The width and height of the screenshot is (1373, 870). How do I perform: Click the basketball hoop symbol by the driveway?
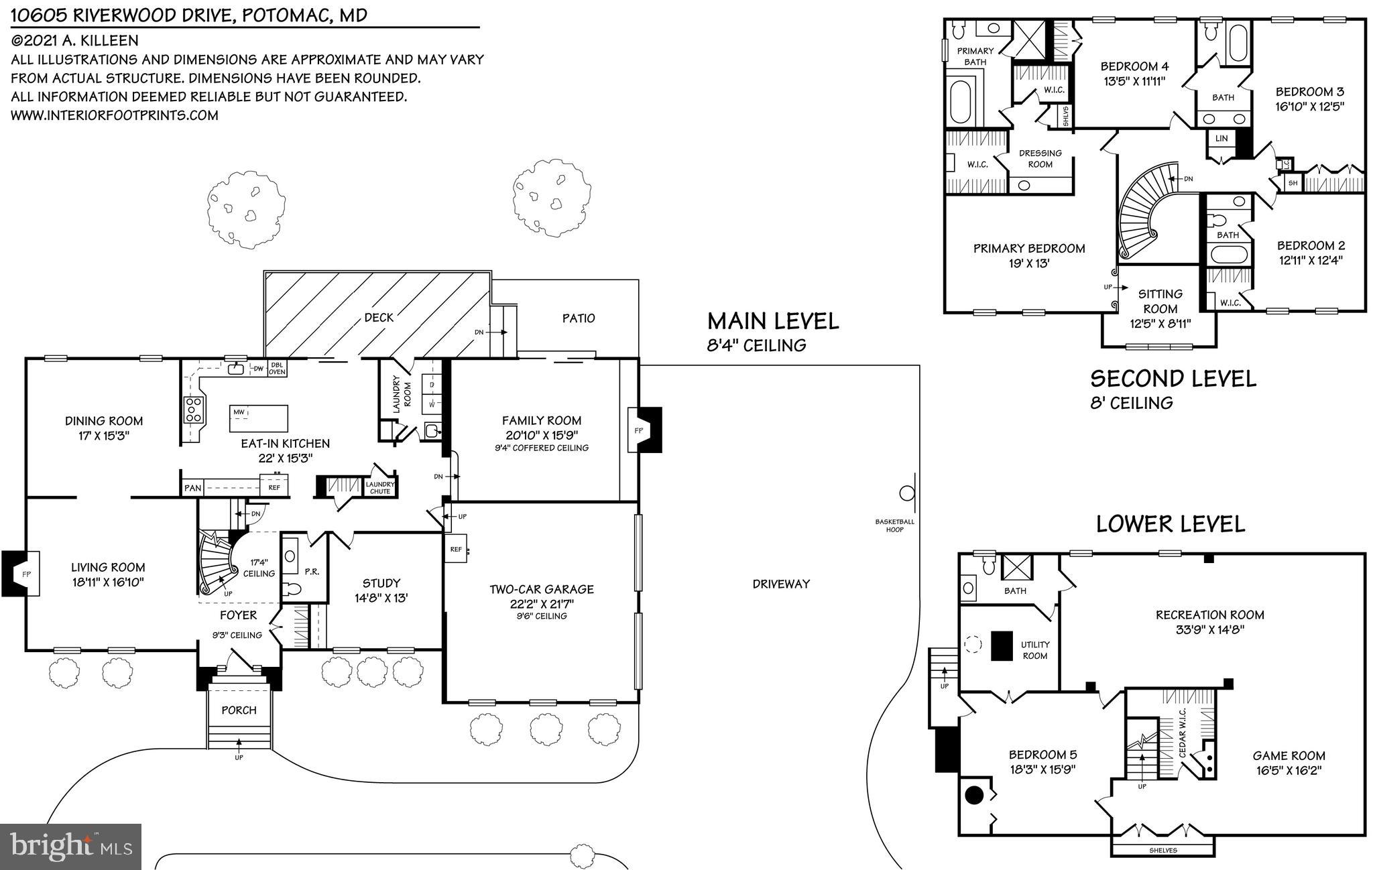click(907, 494)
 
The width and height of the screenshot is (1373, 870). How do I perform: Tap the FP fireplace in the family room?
click(638, 430)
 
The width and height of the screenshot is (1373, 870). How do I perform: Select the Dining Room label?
click(104, 421)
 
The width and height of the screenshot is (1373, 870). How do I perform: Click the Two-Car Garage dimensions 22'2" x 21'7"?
click(541, 603)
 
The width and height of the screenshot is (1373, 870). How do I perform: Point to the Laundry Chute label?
click(380, 487)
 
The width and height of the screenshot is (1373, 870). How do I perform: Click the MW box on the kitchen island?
click(239, 412)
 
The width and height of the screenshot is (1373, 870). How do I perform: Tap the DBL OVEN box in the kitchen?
click(277, 368)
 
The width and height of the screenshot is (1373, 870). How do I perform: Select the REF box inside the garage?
click(456, 549)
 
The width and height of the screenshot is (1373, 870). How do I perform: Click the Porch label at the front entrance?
click(239, 710)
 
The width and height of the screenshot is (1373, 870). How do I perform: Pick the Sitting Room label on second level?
click(1160, 301)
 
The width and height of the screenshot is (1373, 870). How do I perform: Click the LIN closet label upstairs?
click(1221, 139)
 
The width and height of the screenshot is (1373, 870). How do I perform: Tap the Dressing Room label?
click(1040, 158)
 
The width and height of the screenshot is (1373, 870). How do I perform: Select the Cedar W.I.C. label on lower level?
click(1183, 733)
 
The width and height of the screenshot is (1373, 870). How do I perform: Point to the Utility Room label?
click(1034, 649)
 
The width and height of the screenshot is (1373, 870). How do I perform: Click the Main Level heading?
click(773, 321)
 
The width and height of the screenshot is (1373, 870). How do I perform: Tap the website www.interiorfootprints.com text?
click(115, 115)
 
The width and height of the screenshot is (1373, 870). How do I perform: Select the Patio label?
click(579, 318)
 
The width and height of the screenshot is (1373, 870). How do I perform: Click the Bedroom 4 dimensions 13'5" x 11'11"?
click(1134, 82)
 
